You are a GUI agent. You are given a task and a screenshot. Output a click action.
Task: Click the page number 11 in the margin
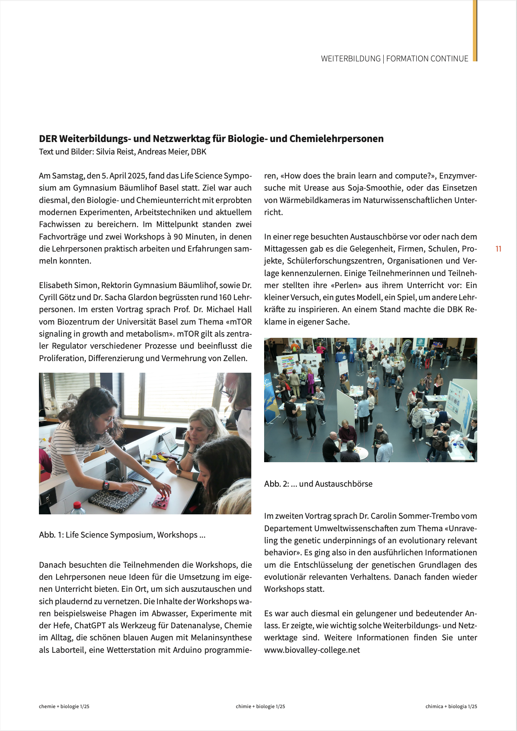click(x=498, y=249)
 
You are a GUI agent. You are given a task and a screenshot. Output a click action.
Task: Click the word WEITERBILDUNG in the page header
click(x=350, y=59)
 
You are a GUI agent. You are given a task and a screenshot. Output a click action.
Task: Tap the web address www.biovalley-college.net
click(x=312, y=650)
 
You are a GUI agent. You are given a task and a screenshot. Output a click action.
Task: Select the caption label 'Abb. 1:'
click(x=51, y=535)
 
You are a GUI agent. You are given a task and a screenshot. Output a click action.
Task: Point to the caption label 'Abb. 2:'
click(x=276, y=484)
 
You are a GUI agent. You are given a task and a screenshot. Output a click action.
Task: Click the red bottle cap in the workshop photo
click(x=77, y=505)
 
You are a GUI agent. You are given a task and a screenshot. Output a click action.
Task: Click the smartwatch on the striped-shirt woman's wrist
click(x=106, y=485)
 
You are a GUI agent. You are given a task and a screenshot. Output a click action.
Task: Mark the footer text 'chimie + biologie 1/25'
click(x=260, y=707)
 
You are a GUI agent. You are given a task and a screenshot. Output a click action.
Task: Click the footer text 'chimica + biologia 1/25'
click(x=451, y=707)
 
